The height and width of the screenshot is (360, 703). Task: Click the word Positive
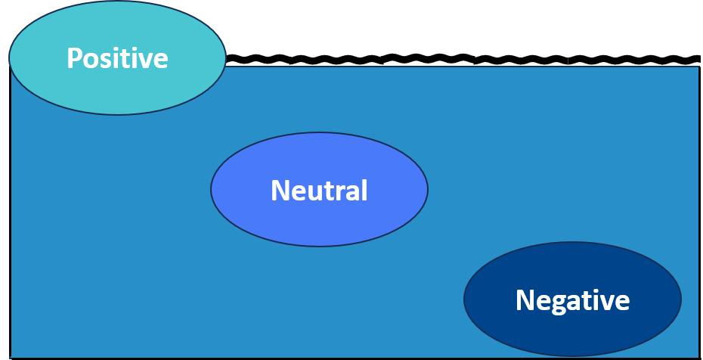pyautogui.click(x=117, y=58)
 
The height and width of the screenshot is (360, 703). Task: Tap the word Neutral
pyautogui.click(x=319, y=191)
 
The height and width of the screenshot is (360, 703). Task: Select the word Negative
pyautogui.click(x=572, y=300)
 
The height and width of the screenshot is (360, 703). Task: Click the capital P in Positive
pyautogui.click(x=74, y=58)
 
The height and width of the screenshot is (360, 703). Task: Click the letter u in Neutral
pyautogui.click(x=315, y=193)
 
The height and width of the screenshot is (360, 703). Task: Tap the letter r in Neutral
pyautogui.click(x=340, y=193)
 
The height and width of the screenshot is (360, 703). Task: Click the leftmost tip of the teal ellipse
pyautogui.click(x=9, y=57)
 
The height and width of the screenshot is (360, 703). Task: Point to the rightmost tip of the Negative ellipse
pyautogui.click(x=681, y=299)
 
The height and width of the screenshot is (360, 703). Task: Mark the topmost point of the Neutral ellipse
pyautogui.click(x=319, y=133)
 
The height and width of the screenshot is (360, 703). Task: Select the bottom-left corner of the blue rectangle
pyautogui.click(x=11, y=358)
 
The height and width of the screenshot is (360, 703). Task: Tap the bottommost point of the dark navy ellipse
pyautogui.click(x=572, y=356)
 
